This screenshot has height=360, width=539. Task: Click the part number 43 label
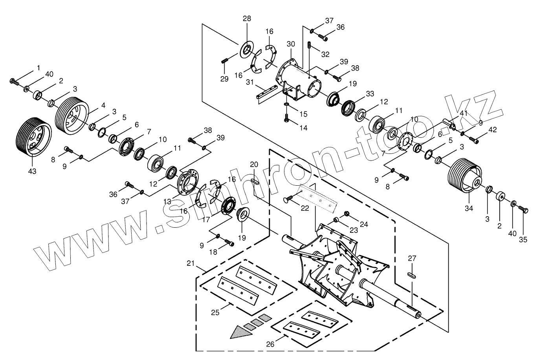pos(32,171)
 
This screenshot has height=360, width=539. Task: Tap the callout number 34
pos(469,208)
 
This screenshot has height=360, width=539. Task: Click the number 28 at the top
pos(247,19)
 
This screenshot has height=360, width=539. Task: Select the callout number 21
pos(191,263)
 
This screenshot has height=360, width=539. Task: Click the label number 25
pos(215,312)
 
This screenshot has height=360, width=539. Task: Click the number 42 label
pos(493,130)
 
